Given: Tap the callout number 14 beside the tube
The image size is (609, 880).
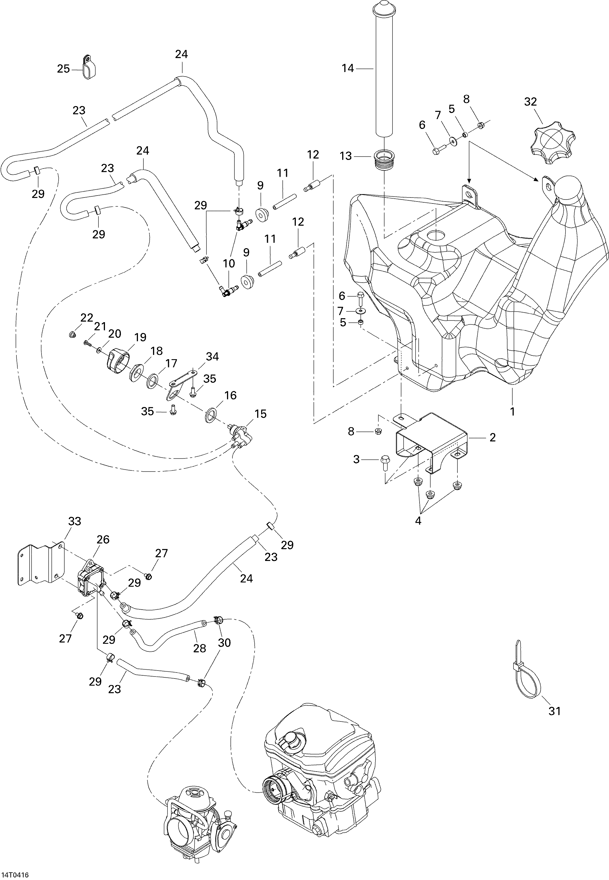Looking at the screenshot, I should (x=348, y=69).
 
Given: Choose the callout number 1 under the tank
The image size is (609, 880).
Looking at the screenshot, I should (x=513, y=412).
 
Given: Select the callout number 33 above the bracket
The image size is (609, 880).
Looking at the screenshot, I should (x=75, y=521).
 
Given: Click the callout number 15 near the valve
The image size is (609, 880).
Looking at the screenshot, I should (x=261, y=414).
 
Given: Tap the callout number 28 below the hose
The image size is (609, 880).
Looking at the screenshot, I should (x=200, y=648).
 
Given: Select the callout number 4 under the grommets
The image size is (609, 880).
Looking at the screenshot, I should (x=418, y=521).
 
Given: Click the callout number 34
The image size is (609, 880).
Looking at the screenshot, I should (x=212, y=357).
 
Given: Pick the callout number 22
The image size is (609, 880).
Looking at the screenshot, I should (x=87, y=318).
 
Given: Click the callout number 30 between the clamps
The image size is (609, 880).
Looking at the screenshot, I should (x=224, y=643).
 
